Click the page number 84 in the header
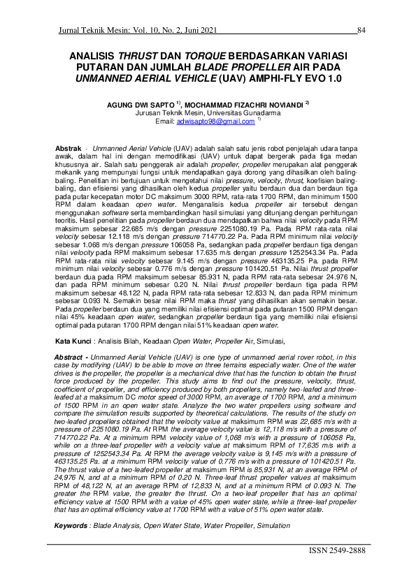(361, 30)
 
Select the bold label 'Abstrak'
(69, 150)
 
